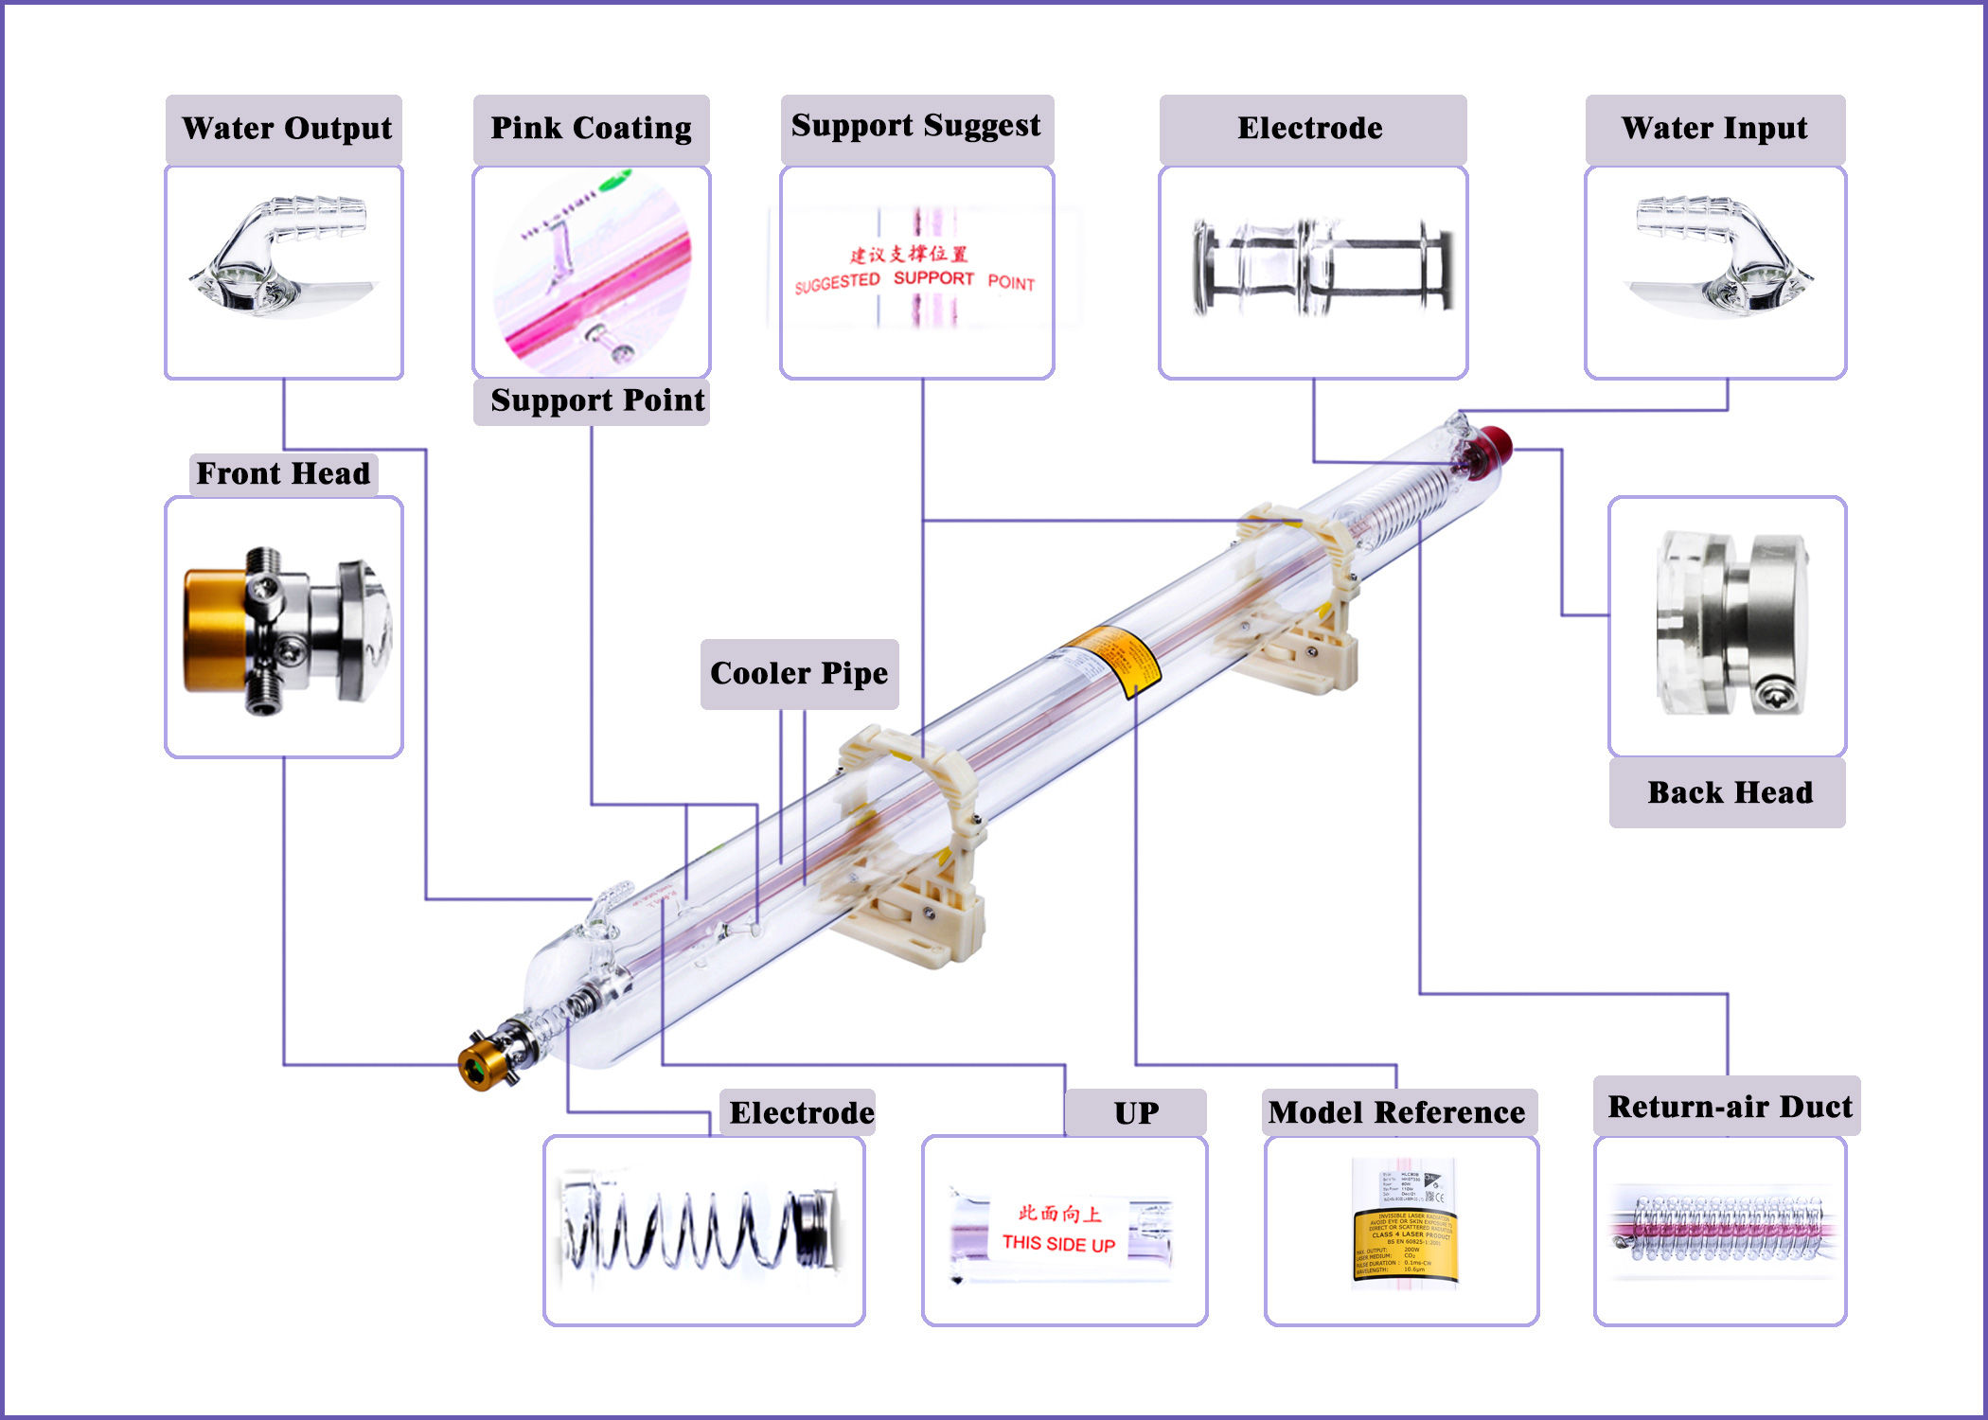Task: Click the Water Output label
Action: coord(285,129)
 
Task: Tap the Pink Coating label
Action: coord(591,129)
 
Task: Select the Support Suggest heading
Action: coord(915,126)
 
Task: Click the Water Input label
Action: coord(1713,129)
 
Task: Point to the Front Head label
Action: coord(283,473)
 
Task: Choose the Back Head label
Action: coord(1729,792)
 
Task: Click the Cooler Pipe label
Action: coord(799,673)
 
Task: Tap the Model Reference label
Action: coord(1397,1112)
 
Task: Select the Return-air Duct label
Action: coord(1729,1107)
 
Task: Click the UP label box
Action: coord(1135,1113)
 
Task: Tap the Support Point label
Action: coord(596,400)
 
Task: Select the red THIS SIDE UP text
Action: coord(1058,1243)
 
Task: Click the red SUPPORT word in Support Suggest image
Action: coord(933,278)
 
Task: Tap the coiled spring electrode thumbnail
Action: coord(702,1231)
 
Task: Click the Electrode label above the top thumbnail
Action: coord(1310,129)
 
